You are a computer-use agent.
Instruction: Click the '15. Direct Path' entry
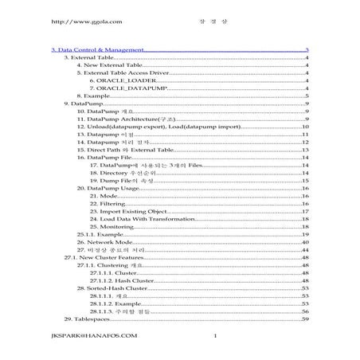(x=125, y=149)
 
